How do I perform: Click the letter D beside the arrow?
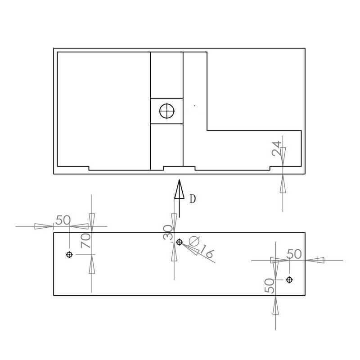tap(193, 199)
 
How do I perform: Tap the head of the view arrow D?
tap(179, 189)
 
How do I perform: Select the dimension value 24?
tap(276, 148)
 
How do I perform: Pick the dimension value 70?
tap(85, 240)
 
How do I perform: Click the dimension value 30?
tap(167, 232)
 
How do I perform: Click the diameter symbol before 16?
tap(194, 241)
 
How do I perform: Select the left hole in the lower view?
tap(69, 255)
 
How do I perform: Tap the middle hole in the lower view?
tap(179, 242)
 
